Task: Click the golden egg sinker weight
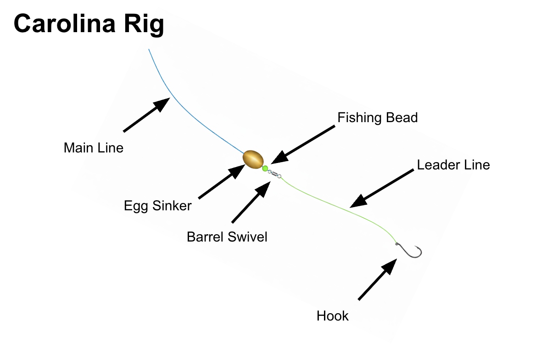(x=253, y=159)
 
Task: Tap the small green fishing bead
(x=265, y=169)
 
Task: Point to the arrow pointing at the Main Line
(x=147, y=115)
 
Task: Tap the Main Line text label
(x=94, y=148)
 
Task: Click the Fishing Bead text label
(x=377, y=118)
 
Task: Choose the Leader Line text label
(x=453, y=164)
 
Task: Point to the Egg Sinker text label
(x=157, y=206)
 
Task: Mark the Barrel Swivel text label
(x=227, y=237)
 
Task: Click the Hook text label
(x=333, y=316)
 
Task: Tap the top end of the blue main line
(x=149, y=50)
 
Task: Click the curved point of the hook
(x=419, y=252)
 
